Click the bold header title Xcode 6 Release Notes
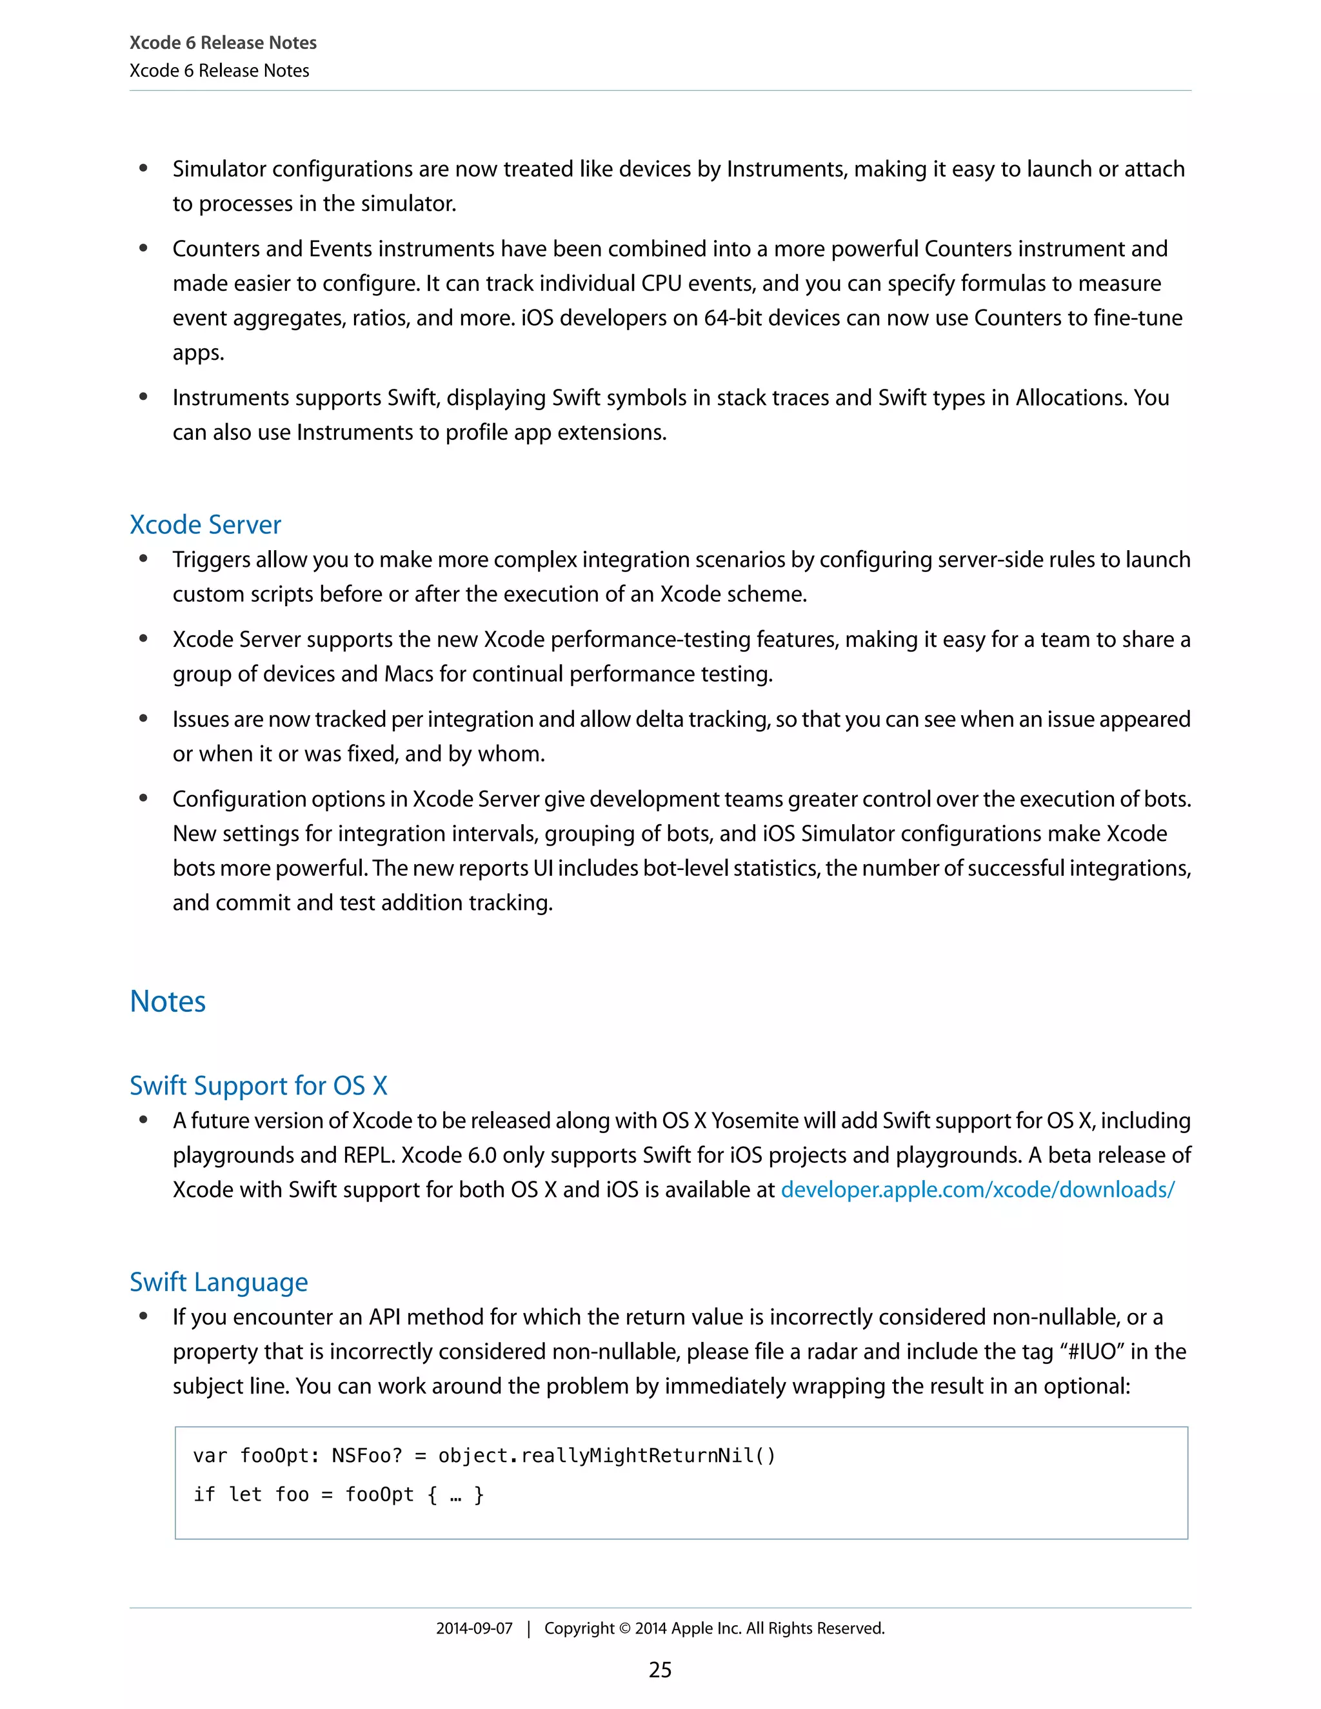coord(223,43)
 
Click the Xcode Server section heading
coord(205,524)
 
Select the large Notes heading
coord(168,1002)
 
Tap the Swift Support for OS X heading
coord(258,1085)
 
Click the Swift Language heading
coord(219,1282)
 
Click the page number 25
coord(660,1670)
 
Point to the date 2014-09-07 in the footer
coord(473,1628)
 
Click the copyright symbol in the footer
coord(624,1628)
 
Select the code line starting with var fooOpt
coord(484,1456)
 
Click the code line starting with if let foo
coord(338,1495)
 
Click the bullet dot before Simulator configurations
coord(143,169)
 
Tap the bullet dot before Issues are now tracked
coord(143,719)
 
